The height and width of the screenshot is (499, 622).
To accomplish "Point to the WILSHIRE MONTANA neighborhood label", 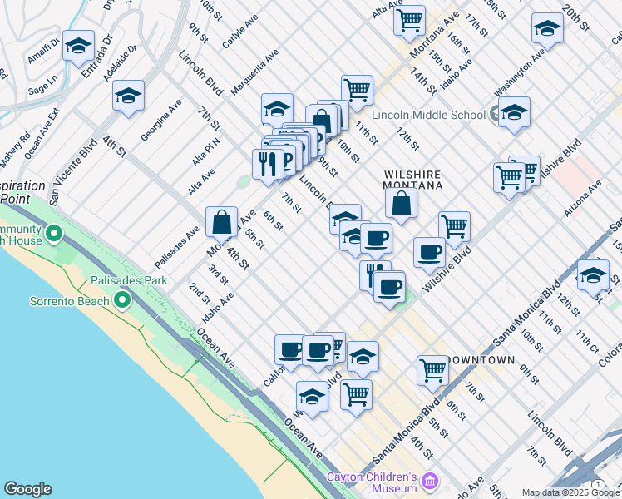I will pos(411,180).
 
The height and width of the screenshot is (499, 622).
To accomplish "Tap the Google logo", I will pos(27,489).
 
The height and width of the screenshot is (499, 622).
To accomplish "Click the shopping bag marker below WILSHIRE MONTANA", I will pos(401,203).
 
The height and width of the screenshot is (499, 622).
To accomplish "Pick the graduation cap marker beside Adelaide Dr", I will pos(129,96).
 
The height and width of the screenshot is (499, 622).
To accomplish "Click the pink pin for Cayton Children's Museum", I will pos(429,481).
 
